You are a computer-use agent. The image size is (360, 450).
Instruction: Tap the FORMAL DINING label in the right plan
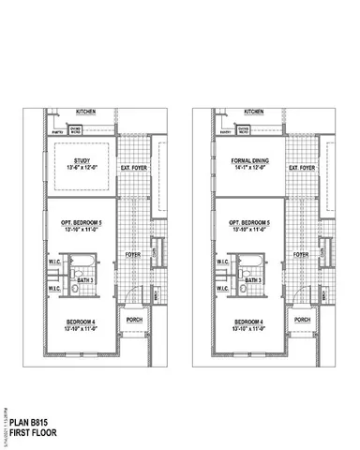click(x=246, y=161)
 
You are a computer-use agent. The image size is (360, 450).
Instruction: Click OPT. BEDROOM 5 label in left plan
click(x=81, y=222)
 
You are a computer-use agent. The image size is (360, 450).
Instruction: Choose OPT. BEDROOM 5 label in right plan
click(x=249, y=222)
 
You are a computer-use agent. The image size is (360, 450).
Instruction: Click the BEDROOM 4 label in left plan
click(x=80, y=322)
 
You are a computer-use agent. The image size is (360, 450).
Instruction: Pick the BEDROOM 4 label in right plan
click(x=248, y=322)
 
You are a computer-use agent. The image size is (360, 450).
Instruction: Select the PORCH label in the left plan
click(x=132, y=320)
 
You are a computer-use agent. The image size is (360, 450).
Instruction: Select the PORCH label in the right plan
click(x=302, y=320)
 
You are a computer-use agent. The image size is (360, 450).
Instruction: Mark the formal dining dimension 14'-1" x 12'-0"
click(x=246, y=170)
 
